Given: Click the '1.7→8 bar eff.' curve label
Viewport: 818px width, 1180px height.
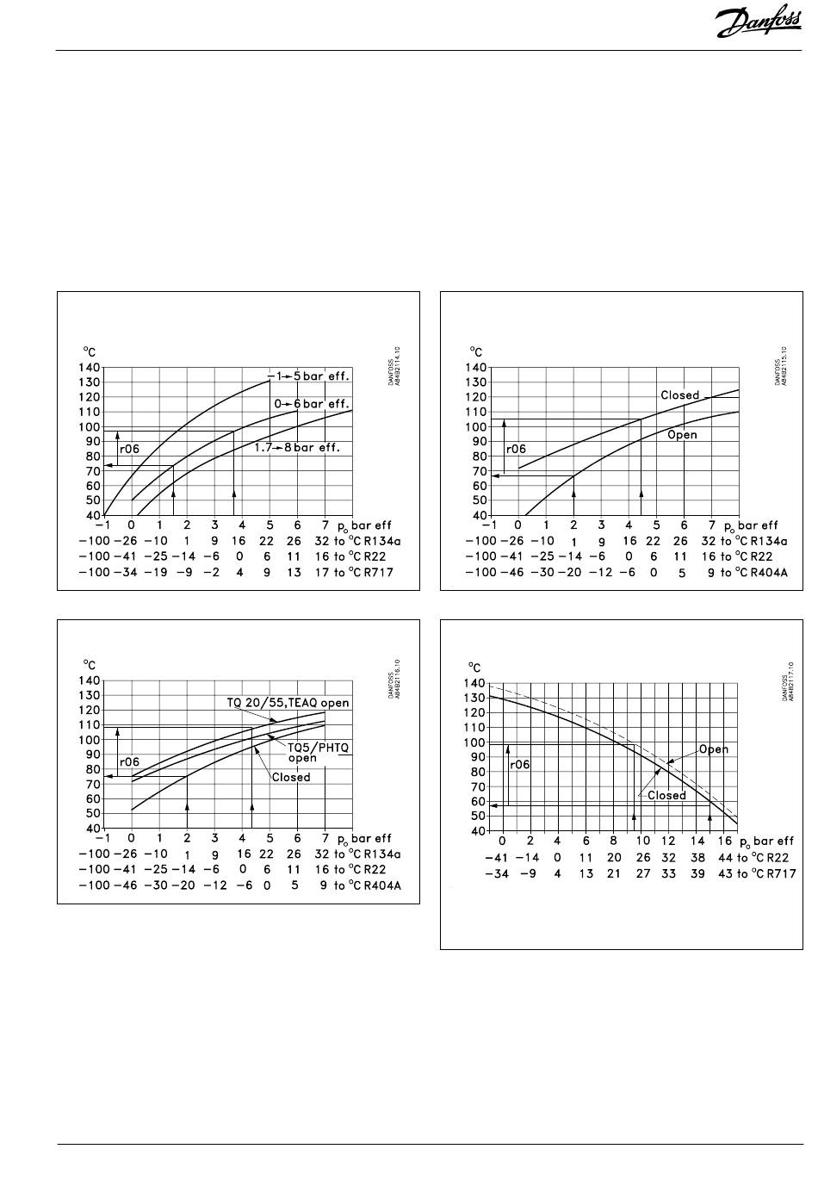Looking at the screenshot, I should (x=297, y=448).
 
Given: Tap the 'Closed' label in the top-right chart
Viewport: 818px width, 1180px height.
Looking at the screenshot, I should (x=679, y=395).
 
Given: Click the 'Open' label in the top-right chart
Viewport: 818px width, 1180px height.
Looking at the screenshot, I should (x=682, y=435).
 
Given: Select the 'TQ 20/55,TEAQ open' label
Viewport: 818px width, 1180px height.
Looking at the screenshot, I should (x=288, y=703).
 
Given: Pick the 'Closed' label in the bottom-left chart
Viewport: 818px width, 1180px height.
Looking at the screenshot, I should (x=291, y=777).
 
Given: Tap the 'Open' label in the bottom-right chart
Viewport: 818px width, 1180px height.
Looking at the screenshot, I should (x=713, y=749).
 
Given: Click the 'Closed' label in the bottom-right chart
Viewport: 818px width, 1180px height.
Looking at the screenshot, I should (x=666, y=795).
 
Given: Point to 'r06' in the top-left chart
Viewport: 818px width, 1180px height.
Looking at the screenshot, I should (x=129, y=449).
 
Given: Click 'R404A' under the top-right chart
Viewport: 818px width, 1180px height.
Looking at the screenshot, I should (x=762, y=573).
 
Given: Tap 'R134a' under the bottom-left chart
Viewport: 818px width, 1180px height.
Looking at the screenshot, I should (x=378, y=854).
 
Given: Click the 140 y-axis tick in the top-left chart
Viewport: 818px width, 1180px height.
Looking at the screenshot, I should (x=90, y=368).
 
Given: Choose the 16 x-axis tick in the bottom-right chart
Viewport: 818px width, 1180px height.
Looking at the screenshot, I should (x=725, y=841).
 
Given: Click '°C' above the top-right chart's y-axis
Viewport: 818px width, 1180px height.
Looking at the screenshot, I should (x=476, y=351).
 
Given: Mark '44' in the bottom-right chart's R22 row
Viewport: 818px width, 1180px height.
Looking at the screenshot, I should (x=724, y=858).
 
